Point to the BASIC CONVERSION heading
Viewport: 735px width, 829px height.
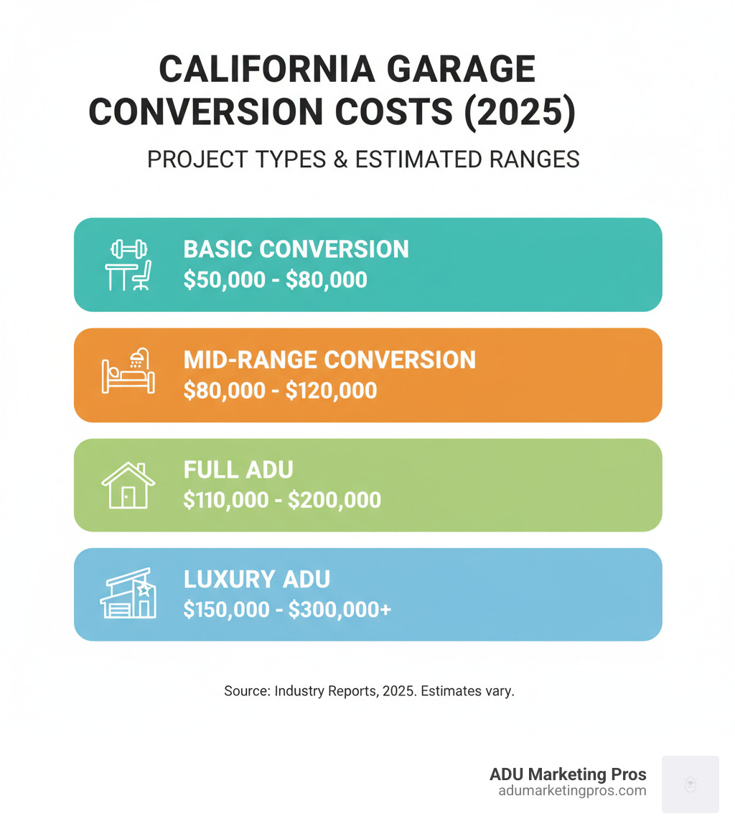(296, 249)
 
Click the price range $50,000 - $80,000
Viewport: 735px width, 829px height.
(275, 279)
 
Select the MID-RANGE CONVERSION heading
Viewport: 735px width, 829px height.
(329, 359)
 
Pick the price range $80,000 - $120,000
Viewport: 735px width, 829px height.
(280, 390)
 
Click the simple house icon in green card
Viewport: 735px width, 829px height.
(128, 485)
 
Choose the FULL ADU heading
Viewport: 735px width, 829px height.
(238, 470)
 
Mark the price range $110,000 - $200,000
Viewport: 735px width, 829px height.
(282, 500)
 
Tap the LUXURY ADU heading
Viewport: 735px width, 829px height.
(256, 579)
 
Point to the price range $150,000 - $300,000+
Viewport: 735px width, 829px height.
(287, 609)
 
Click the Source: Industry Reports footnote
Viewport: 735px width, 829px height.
(369, 692)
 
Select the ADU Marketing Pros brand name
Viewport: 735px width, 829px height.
(568, 774)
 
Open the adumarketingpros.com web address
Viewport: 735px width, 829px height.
(572, 791)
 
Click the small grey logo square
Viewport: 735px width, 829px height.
(690, 784)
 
